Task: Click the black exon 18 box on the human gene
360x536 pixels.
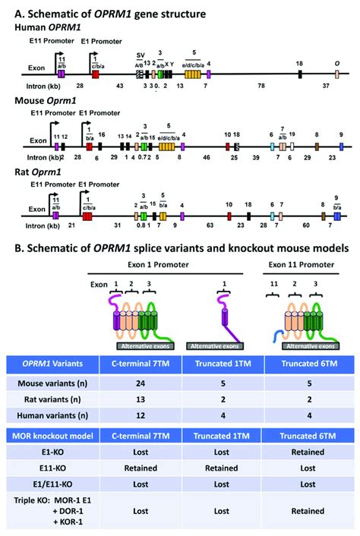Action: point(300,73)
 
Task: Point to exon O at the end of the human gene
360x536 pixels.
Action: point(336,73)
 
